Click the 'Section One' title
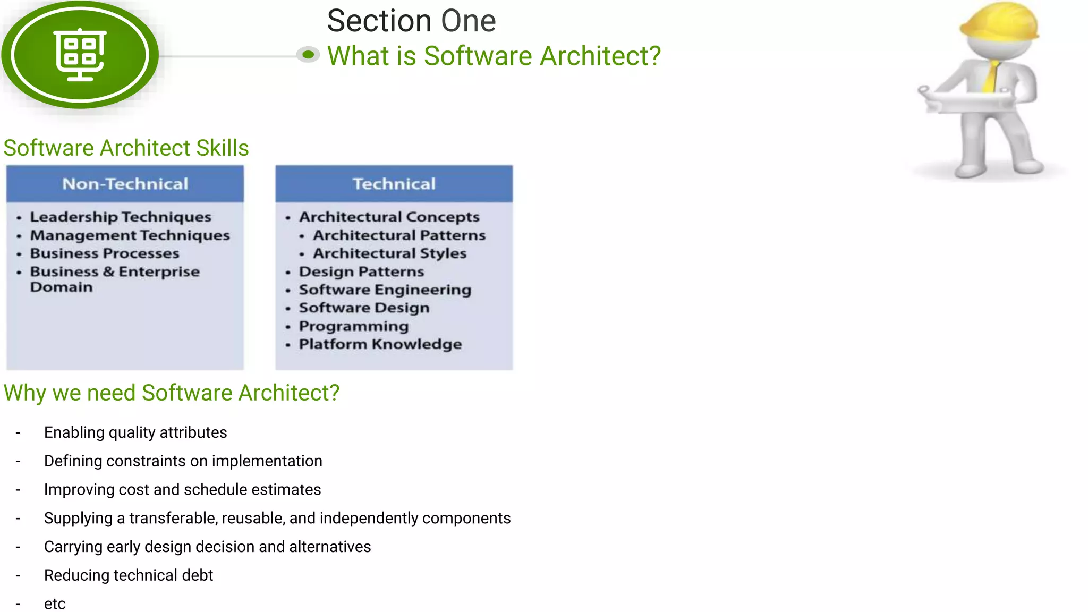click(x=411, y=21)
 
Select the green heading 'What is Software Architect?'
click(x=494, y=56)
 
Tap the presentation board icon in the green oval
click(x=80, y=55)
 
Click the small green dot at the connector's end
click(x=308, y=54)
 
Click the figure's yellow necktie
click(x=991, y=77)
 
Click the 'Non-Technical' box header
click(x=125, y=184)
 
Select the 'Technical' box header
click(x=394, y=184)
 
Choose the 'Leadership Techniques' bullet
click(x=121, y=217)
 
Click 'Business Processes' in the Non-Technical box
click(x=105, y=253)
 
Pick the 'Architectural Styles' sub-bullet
click(x=389, y=253)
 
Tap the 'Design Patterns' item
click(x=361, y=271)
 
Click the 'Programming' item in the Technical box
click(x=354, y=326)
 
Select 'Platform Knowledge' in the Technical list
click(x=380, y=344)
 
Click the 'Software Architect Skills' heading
click(x=126, y=148)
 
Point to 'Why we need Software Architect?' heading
click(x=171, y=393)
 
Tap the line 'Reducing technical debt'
click(x=129, y=575)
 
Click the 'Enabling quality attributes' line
click(x=135, y=432)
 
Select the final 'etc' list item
click(x=55, y=604)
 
